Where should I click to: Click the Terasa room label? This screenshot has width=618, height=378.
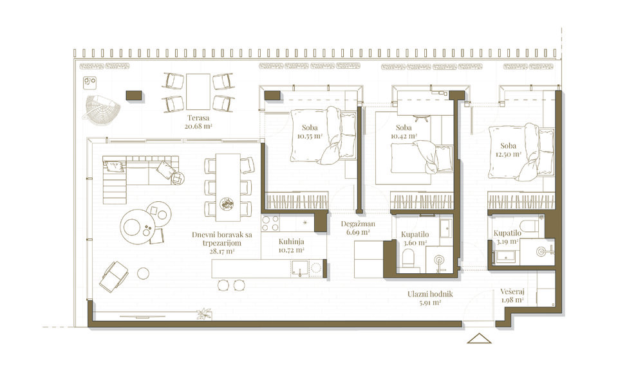pyautogui.click(x=198, y=118)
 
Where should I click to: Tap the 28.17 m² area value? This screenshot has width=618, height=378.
pyautogui.click(x=222, y=251)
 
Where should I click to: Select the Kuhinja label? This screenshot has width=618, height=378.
pyautogui.click(x=291, y=242)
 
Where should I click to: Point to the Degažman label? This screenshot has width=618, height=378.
pyautogui.click(x=358, y=224)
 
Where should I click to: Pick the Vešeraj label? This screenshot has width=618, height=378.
pyautogui.click(x=512, y=292)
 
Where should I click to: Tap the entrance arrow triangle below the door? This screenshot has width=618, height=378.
pyautogui.click(x=479, y=338)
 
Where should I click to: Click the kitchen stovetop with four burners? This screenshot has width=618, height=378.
pyautogui.click(x=270, y=223)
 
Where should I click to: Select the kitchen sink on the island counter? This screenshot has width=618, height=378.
pyautogui.click(x=299, y=268)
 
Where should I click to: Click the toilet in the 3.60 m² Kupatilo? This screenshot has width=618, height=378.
pyautogui.click(x=409, y=260)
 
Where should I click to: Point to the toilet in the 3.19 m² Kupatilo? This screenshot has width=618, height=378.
pyautogui.click(x=528, y=225)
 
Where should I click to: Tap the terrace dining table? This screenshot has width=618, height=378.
pyautogui.click(x=198, y=92)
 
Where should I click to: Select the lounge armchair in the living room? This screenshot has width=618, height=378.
pyautogui.click(x=113, y=276)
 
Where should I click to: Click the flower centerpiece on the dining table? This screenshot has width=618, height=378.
pyautogui.click(x=228, y=204)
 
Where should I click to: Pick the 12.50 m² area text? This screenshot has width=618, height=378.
pyautogui.click(x=509, y=154)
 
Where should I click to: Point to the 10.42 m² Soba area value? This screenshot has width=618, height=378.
pyautogui.click(x=404, y=136)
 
